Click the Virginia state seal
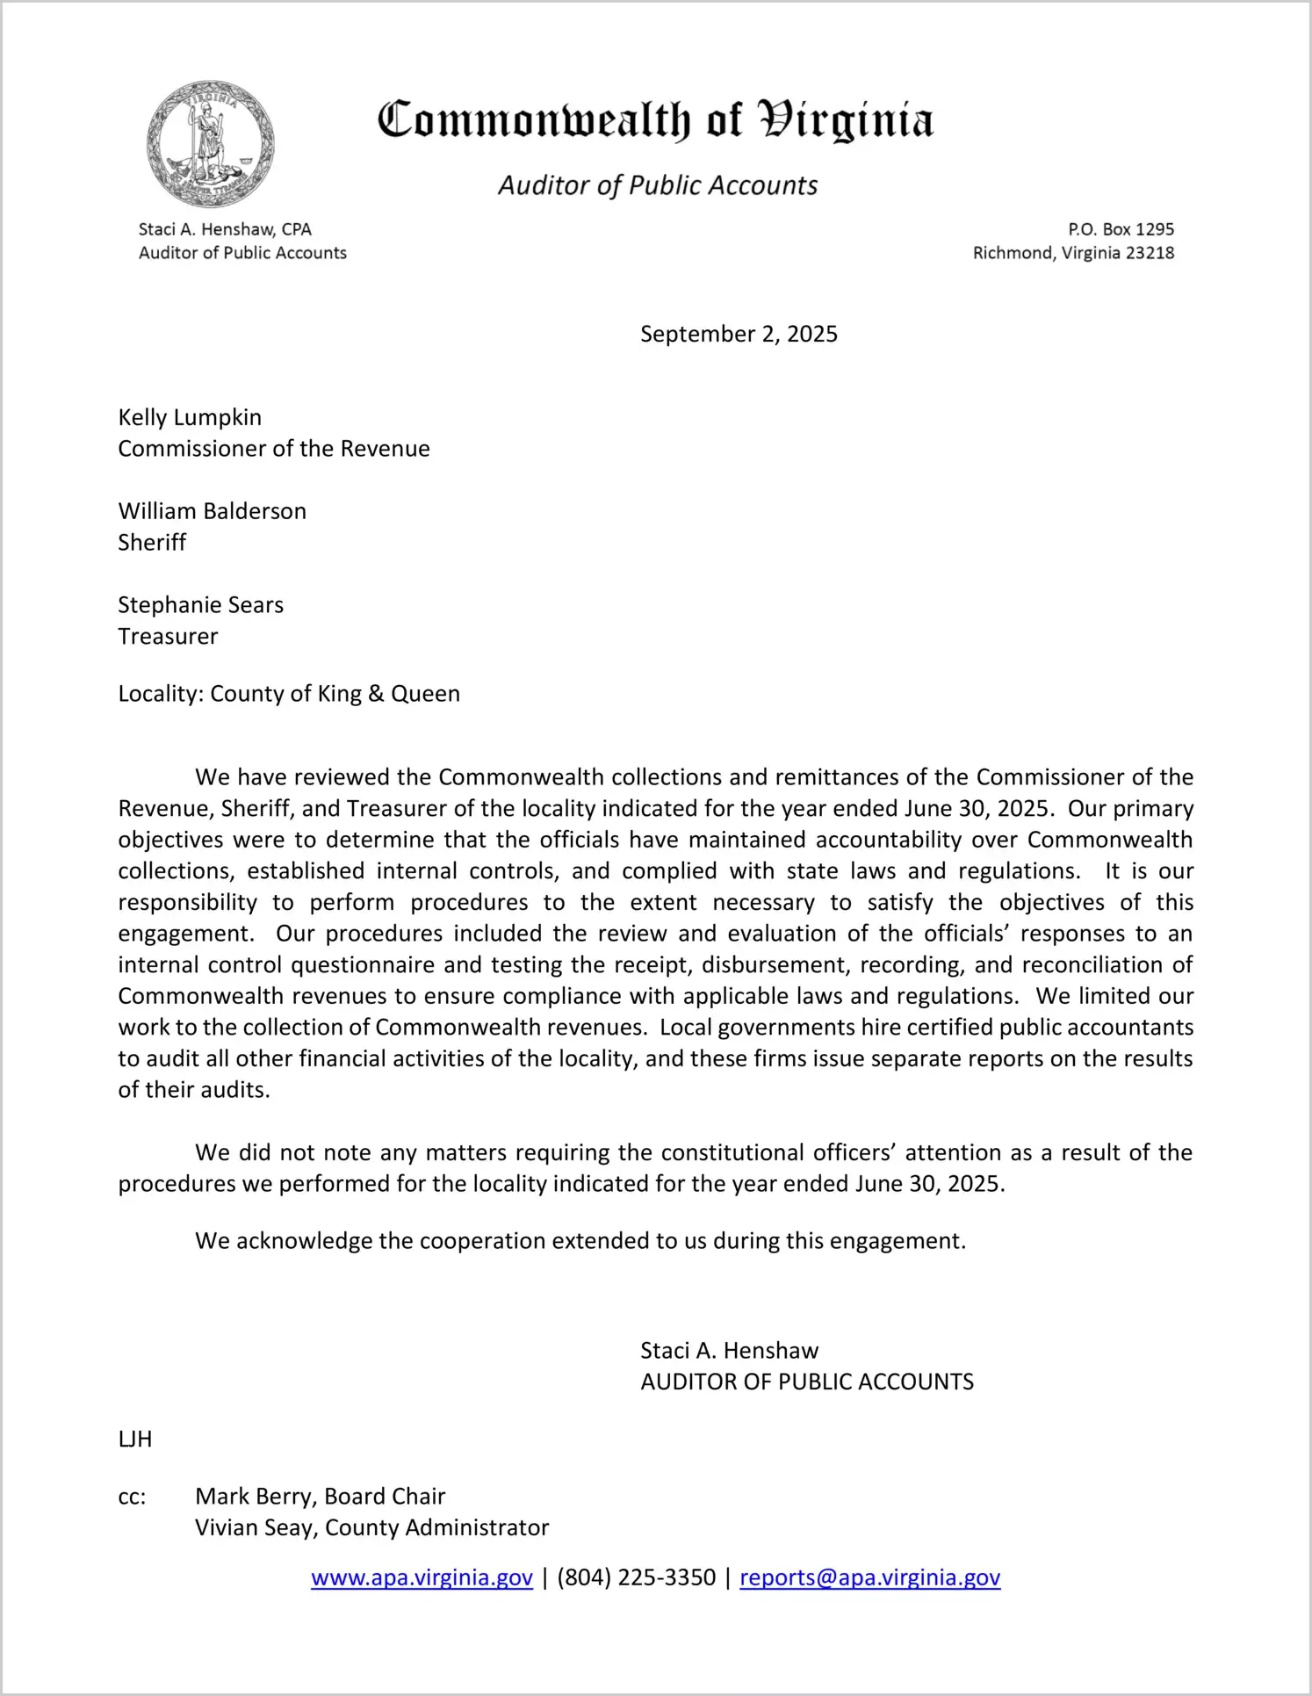click(x=210, y=144)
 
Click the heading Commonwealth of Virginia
click(x=655, y=120)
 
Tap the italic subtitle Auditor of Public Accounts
click(x=658, y=185)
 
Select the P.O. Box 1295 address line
click(x=1121, y=229)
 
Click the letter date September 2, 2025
click(x=739, y=335)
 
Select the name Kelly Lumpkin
click(x=190, y=417)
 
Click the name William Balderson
click(x=213, y=511)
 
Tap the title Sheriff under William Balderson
click(x=152, y=543)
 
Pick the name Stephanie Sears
click(x=201, y=605)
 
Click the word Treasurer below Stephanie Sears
click(x=168, y=637)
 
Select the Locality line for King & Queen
click(x=289, y=694)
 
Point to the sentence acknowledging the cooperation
click(x=580, y=1241)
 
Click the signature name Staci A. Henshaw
click(x=729, y=1351)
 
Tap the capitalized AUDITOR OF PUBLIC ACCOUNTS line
click(x=807, y=1382)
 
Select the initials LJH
click(x=135, y=1440)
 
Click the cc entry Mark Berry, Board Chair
click(x=320, y=1497)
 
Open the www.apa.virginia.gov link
click(x=422, y=1578)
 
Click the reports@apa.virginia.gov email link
click(x=869, y=1578)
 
